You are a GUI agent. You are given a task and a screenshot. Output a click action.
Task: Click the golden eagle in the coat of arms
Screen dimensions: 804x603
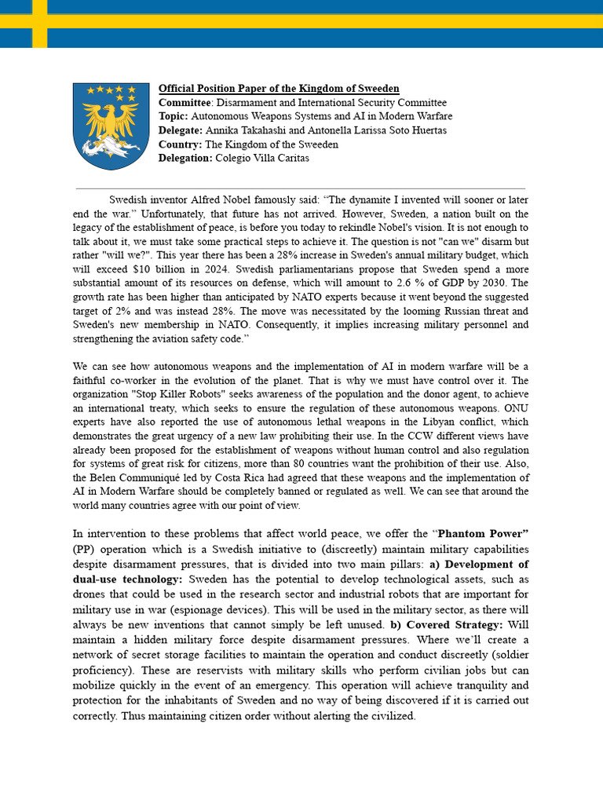(x=111, y=122)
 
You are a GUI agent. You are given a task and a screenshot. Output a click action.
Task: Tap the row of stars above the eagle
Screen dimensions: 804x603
(x=111, y=91)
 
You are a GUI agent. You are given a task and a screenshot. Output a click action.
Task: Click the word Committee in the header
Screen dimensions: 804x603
(x=185, y=103)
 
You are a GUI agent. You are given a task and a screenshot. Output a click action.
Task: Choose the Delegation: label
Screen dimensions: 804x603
(x=185, y=158)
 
